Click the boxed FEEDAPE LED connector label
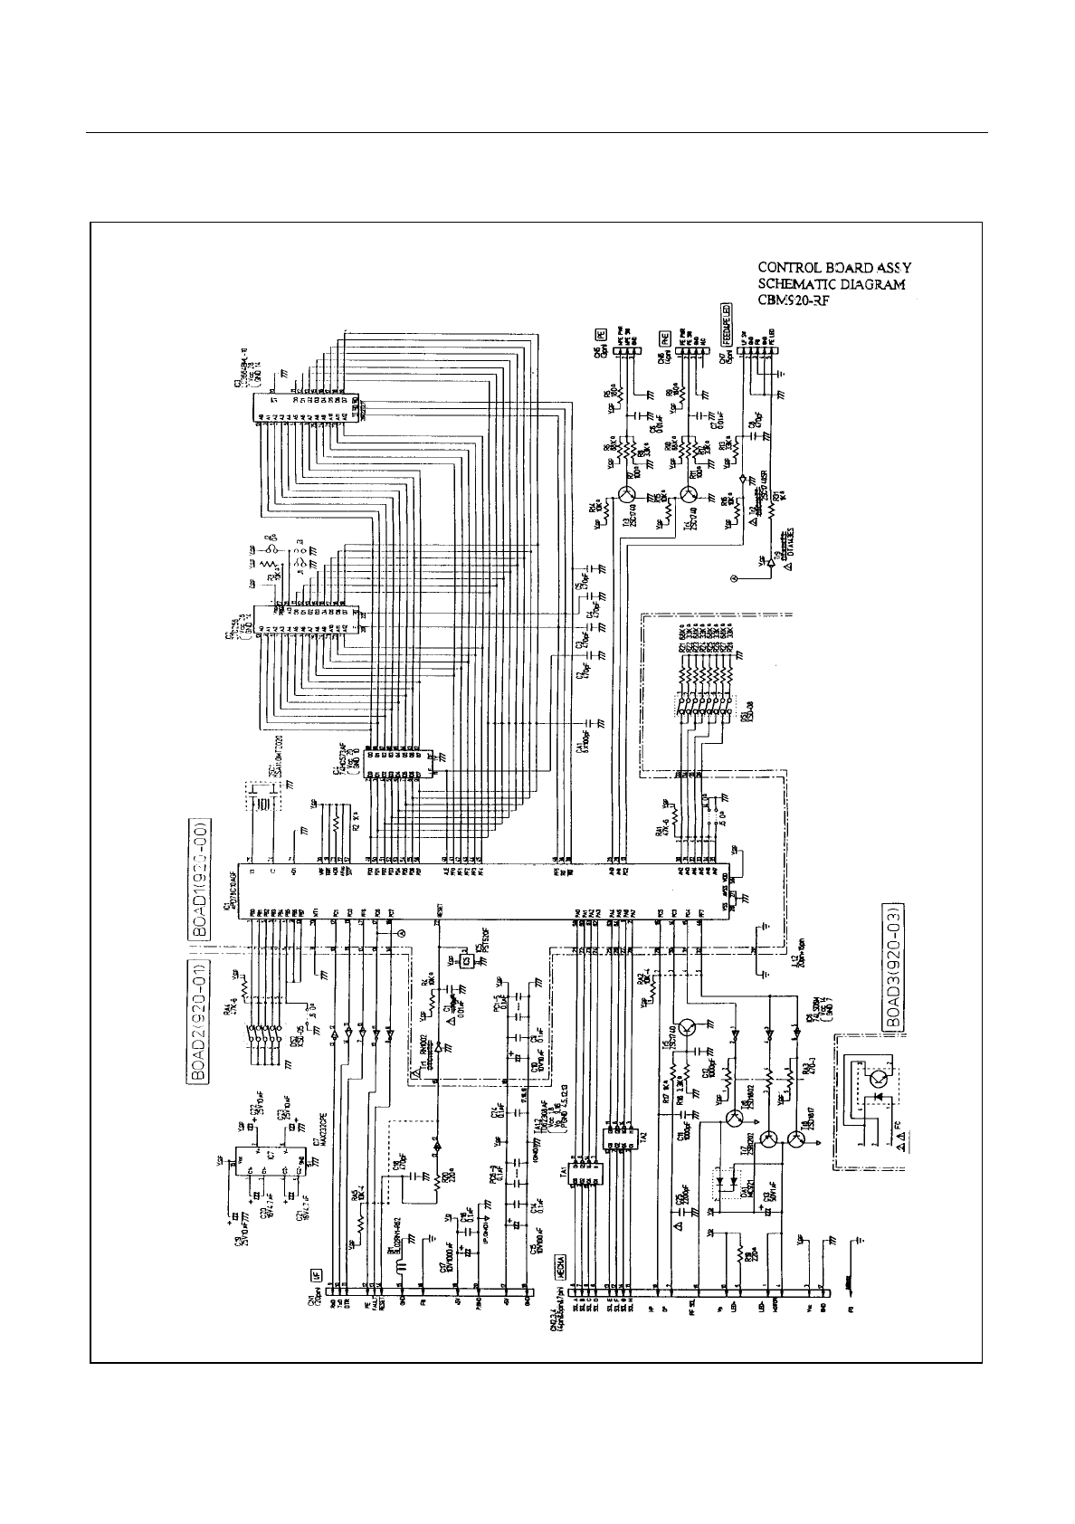coord(726,323)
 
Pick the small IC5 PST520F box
coord(467,960)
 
